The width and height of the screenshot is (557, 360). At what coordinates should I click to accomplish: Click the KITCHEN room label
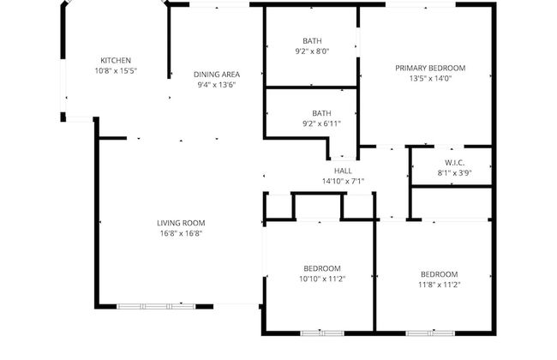116,60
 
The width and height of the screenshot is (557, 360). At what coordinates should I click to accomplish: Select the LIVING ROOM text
181,223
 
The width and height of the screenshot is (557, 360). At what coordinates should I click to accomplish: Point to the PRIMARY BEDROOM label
429,68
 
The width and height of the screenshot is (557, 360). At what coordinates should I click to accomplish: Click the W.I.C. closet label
454,162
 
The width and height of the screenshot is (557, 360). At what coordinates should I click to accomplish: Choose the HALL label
343,171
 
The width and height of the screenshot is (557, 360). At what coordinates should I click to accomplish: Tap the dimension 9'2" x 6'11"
321,123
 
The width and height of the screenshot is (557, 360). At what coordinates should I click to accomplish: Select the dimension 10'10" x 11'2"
321,279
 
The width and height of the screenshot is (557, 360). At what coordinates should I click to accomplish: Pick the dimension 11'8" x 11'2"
438,285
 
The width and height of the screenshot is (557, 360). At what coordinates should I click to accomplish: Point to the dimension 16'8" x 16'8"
181,233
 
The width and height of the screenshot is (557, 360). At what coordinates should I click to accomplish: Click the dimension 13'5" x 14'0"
429,78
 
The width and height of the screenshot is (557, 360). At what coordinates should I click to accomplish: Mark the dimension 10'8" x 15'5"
116,70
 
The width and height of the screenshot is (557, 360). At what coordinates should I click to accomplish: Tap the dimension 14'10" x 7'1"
343,181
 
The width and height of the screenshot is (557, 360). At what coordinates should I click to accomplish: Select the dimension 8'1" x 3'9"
454,172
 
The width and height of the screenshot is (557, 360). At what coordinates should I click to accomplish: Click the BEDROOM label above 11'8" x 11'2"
438,274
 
